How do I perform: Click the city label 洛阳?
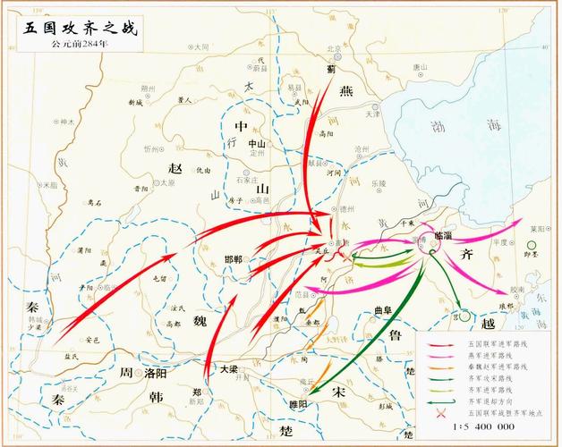tap(157, 374)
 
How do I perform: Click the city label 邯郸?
tap(234, 259)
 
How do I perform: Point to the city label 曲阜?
tap(382, 310)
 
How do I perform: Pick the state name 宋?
tap(338, 392)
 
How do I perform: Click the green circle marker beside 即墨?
tap(532, 244)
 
